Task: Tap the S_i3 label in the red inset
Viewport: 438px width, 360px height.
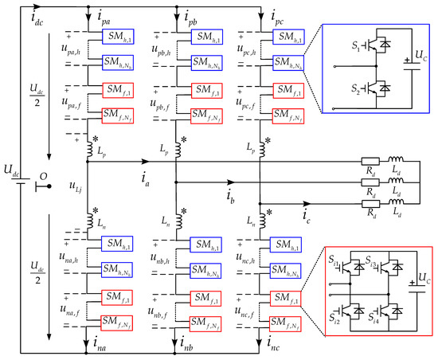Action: [x=374, y=264]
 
